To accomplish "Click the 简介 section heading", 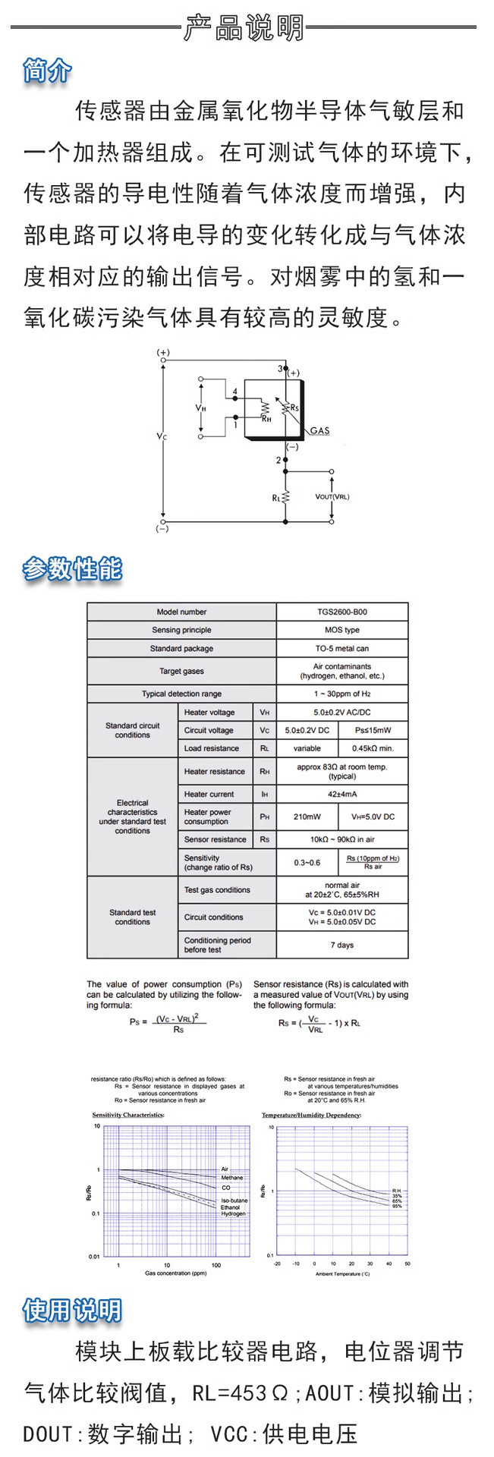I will tap(48, 71).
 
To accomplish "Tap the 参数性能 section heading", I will tap(72, 568).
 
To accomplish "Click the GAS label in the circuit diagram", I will tap(319, 431).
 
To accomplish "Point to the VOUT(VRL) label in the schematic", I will tap(332, 497).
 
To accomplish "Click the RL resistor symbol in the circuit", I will tap(285, 498).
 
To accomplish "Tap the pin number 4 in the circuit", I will tap(235, 392).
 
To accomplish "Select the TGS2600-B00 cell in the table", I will tap(341, 612).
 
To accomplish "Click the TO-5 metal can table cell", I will tap(341, 649).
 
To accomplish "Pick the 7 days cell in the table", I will tap(341, 945).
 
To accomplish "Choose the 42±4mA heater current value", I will tap(341, 794).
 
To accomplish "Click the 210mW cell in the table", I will tap(307, 817).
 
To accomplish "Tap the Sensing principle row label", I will tap(181, 630).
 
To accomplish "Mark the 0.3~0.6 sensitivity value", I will tap(307, 862).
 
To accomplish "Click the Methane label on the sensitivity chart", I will tap(232, 1178).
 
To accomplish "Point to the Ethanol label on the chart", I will tap(230, 1207).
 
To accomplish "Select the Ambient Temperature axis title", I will tap(342, 1274).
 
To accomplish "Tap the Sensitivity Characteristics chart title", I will tap(128, 1115).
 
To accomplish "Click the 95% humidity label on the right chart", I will tap(397, 1207).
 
